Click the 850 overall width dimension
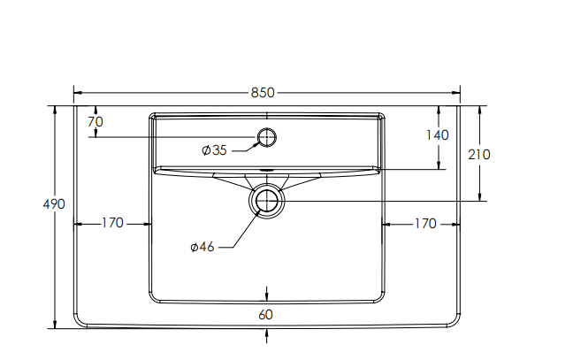point(266,92)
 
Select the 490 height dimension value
point(55,203)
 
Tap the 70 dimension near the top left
point(95,121)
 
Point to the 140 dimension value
point(437,135)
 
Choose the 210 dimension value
point(478,154)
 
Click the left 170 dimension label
point(112,224)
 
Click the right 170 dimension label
point(424,224)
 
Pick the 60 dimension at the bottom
point(266,314)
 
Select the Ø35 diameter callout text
point(215,150)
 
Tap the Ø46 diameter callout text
point(202,247)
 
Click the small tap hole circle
point(266,136)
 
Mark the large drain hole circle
point(267,201)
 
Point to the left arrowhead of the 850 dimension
point(77,91)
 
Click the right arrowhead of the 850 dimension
point(456,91)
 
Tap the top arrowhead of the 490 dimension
point(55,110)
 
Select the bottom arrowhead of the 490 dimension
point(55,324)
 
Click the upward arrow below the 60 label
point(267,333)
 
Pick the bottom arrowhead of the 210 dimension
point(479,197)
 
